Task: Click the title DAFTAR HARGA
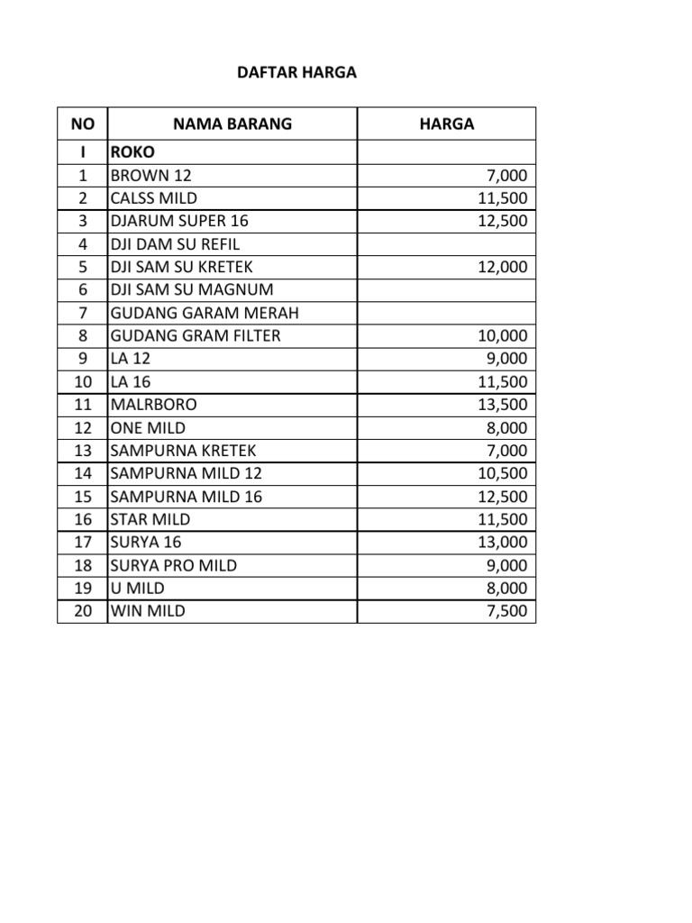click(296, 73)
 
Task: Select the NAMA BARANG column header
click(232, 124)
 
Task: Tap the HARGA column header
click(446, 124)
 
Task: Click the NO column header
click(82, 124)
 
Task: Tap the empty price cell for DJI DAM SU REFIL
click(446, 244)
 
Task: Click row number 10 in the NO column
click(82, 382)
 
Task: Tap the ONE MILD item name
click(148, 428)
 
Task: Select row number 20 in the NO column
click(82, 611)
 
